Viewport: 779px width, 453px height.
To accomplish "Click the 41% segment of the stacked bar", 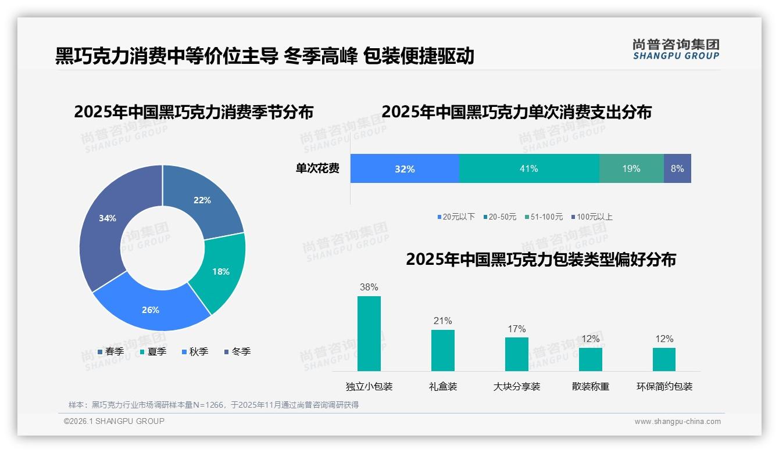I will pyautogui.click(x=529, y=168).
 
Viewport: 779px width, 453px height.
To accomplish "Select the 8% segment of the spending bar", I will pyautogui.click(x=677, y=168).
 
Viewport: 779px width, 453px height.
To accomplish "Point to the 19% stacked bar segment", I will pyautogui.click(x=631, y=168).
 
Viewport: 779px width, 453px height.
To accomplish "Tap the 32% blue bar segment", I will pyautogui.click(x=405, y=168).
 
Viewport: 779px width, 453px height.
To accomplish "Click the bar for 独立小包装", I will pyautogui.click(x=369, y=333).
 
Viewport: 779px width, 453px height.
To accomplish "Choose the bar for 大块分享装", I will pyautogui.click(x=516, y=354).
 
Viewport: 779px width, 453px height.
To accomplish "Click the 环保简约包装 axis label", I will pyautogui.click(x=664, y=387).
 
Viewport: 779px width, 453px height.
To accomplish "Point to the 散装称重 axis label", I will pyautogui.click(x=591, y=387).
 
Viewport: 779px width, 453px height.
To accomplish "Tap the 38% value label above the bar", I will pyautogui.click(x=369, y=287).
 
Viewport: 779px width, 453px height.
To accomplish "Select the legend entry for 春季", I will pyautogui.click(x=110, y=351).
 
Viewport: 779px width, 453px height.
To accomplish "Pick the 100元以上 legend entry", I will pyautogui.click(x=592, y=217).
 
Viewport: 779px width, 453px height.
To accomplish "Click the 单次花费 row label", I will pyautogui.click(x=317, y=168).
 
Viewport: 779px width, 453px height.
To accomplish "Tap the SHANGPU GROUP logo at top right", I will pyautogui.click(x=676, y=49).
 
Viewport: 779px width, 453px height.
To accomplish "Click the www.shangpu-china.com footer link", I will pyautogui.click(x=677, y=422).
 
